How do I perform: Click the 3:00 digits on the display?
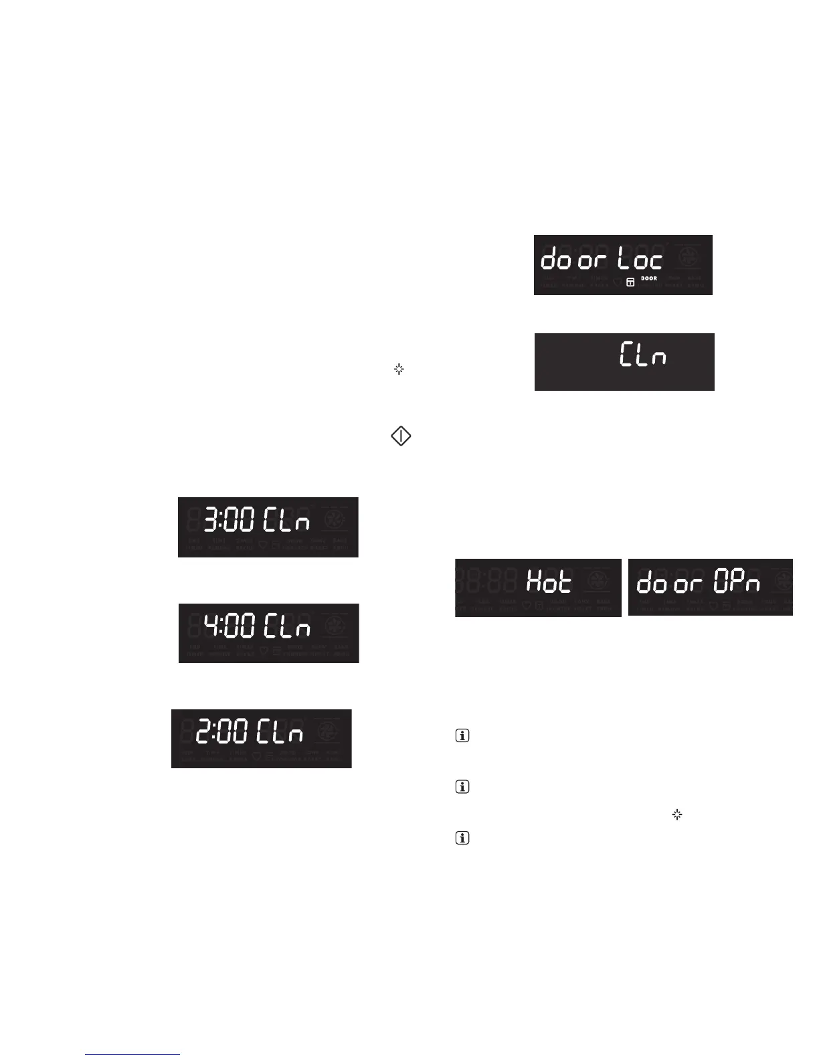(x=229, y=521)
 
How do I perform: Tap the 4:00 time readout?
(x=229, y=626)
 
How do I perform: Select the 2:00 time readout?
(x=221, y=731)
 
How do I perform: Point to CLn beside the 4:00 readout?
(x=287, y=626)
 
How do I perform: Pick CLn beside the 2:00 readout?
(x=280, y=731)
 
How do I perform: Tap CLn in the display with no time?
(x=642, y=355)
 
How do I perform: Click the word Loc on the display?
(x=640, y=259)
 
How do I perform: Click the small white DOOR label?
(x=649, y=278)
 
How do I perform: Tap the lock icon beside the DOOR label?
(x=630, y=283)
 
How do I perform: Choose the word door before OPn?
(x=670, y=584)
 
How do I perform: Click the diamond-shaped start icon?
(x=401, y=436)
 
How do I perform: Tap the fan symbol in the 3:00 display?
(x=335, y=520)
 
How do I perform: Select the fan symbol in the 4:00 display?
(x=335, y=626)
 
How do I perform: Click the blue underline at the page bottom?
(x=132, y=1055)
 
